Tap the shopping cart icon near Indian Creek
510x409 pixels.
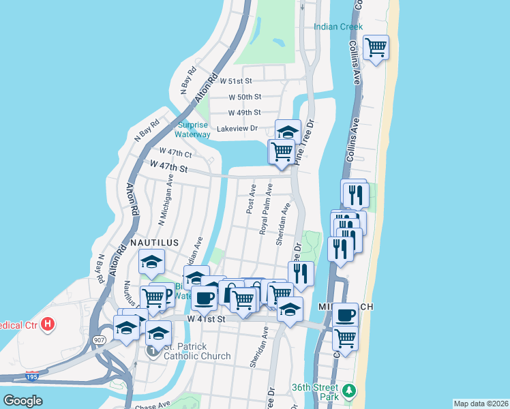click(376, 48)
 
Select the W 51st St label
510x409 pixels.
click(245, 80)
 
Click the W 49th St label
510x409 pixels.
click(245, 112)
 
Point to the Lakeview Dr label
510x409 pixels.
click(237, 128)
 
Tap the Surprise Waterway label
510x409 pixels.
click(193, 130)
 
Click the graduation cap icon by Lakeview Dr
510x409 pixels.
click(288, 131)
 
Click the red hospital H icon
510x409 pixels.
click(47, 323)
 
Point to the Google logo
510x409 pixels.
click(24, 401)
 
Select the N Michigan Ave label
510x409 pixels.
click(165, 200)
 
